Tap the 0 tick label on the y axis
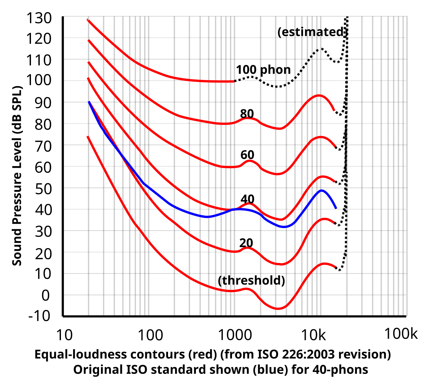[x=45, y=295]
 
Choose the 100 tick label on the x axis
[x=151, y=335]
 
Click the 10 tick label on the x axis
[x=64, y=335]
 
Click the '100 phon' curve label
[x=263, y=70]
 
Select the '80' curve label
[x=247, y=113]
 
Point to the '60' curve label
[x=247, y=155]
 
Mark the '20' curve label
[x=246, y=242]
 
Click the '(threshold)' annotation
[x=252, y=280]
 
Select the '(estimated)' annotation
[x=311, y=32]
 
